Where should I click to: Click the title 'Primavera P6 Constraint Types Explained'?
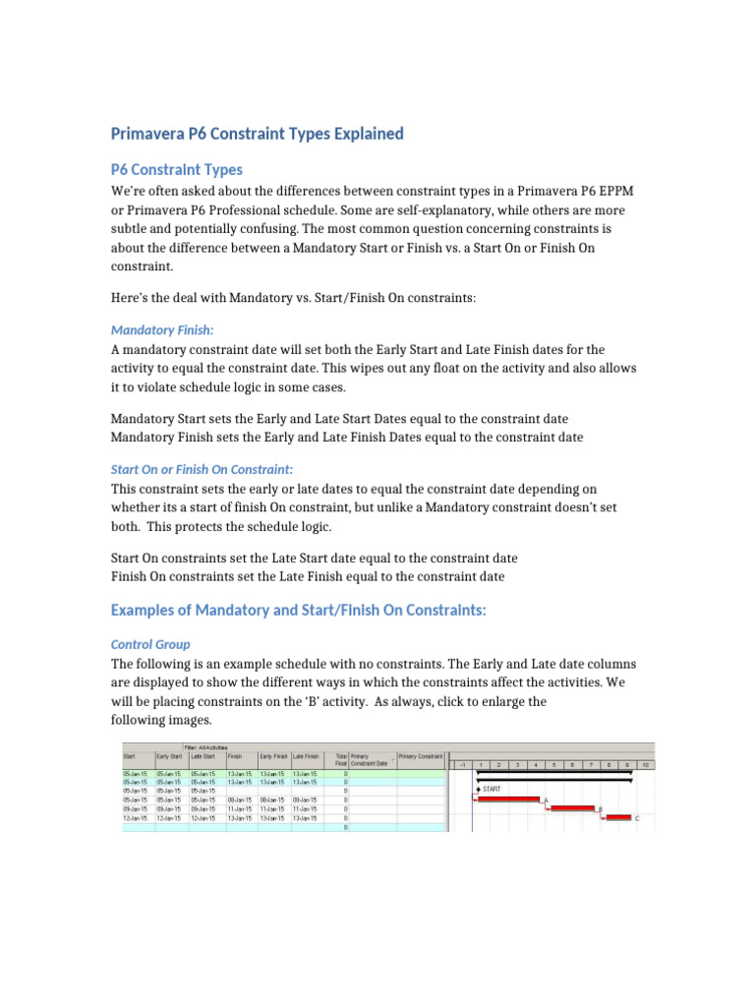(x=257, y=134)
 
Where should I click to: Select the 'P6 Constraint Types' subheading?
(x=176, y=169)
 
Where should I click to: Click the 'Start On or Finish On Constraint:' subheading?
(x=202, y=469)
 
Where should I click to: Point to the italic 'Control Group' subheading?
(x=150, y=644)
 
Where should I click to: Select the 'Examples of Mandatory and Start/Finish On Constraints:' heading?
(x=299, y=610)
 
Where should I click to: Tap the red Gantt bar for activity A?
(x=507, y=799)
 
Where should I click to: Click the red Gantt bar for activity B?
(x=572, y=807)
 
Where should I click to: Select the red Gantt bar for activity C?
(x=618, y=817)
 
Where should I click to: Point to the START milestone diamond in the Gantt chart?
(x=477, y=789)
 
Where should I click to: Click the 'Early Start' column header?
(x=170, y=756)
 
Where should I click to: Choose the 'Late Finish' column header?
(x=307, y=756)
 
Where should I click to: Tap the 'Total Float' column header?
(x=341, y=758)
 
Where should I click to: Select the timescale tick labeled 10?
(x=645, y=764)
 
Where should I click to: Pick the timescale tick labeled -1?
(x=461, y=764)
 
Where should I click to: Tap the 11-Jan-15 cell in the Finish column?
(x=241, y=808)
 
